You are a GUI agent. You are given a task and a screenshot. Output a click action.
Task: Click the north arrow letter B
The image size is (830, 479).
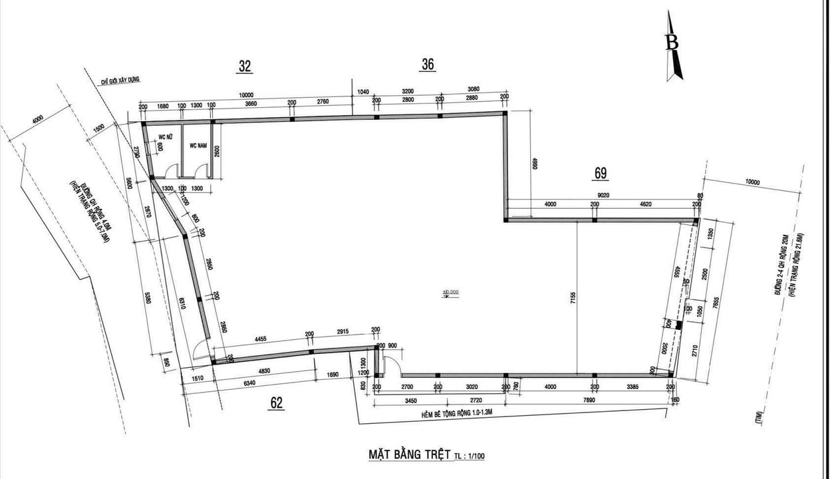coord(673,42)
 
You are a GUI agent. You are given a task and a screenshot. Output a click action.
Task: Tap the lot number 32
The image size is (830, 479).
coord(245,65)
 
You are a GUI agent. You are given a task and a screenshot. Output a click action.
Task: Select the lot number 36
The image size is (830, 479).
coord(428,64)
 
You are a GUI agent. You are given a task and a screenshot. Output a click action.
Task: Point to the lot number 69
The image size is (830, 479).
coord(601,174)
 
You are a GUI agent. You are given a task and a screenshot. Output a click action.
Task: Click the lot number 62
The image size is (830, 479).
coord(277,402)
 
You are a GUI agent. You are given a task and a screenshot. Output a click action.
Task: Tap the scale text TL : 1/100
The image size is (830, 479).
coord(470,456)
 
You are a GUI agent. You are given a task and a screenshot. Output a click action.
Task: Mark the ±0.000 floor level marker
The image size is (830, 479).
coord(451,292)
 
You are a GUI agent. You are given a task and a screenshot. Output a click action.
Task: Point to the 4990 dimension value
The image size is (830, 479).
coord(533,164)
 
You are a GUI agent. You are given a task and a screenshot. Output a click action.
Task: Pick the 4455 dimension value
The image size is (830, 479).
coord(260,339)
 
